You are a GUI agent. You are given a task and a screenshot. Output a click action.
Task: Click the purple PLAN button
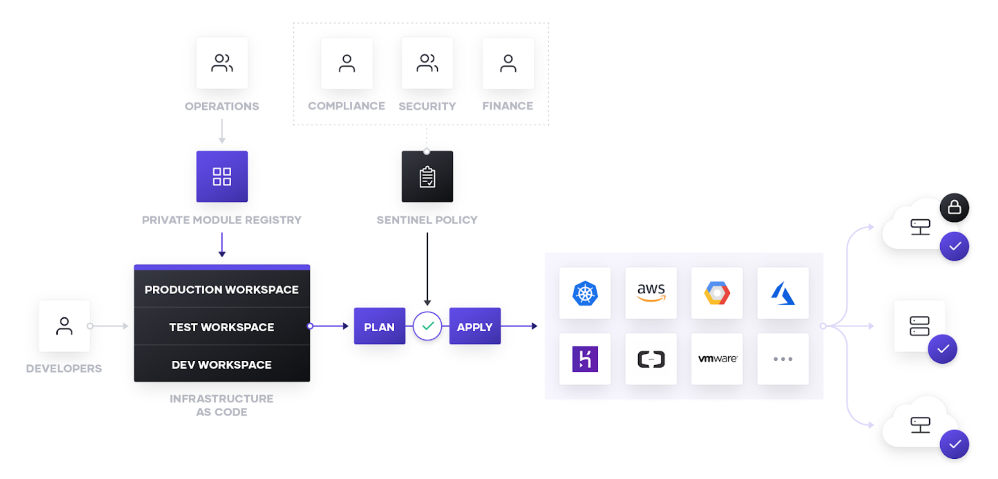point(380,326)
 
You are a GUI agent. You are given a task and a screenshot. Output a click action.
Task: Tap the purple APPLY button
point(475,326)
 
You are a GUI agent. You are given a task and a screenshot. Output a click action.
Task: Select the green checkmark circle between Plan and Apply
point(427,326)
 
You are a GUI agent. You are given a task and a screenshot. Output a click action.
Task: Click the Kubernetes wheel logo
point(585,293)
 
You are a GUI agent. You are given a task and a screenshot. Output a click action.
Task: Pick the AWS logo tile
point(651,293)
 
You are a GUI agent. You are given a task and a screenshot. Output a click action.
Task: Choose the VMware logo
point(717,359)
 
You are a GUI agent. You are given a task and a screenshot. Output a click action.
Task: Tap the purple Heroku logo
point(585,359)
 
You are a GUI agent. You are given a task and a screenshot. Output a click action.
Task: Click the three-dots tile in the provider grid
point(783,359)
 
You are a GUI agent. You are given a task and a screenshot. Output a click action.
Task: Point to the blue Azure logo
point(783,293)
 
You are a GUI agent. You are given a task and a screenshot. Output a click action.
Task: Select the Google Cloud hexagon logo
point(717,293)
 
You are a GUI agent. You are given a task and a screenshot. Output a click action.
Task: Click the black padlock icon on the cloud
point(954,207)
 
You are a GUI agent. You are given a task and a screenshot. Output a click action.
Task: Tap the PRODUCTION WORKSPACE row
point(222,289)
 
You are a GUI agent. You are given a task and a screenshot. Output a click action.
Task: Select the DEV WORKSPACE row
point(222,364)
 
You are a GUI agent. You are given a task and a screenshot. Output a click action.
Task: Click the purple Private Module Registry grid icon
point(222,176)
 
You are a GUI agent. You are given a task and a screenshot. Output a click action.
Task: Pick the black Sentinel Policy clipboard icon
point(427,176)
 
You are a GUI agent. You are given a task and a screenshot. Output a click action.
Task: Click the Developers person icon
point(64,326)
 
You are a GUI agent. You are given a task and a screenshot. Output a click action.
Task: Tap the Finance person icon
point(508,63)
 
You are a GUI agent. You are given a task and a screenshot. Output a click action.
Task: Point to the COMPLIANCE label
point(347,106)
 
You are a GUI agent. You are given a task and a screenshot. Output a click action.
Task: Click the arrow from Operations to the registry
point(222,131)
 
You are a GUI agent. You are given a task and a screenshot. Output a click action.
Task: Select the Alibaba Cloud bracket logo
point(651,359)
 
